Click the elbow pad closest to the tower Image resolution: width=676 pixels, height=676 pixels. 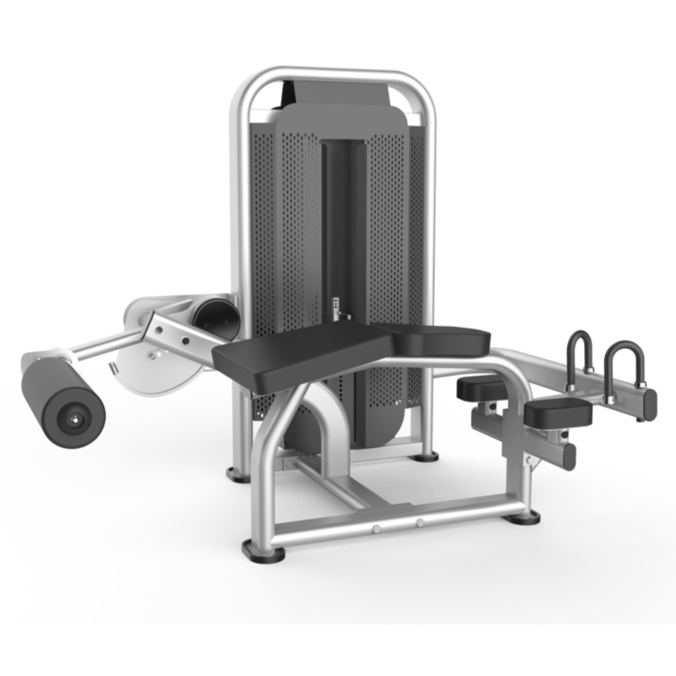point(482,387)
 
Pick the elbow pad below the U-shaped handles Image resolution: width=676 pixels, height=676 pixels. point(558,412)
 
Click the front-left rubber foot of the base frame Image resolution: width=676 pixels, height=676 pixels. point(264,550)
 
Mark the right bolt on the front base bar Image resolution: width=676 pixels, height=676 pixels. point(420,523)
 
